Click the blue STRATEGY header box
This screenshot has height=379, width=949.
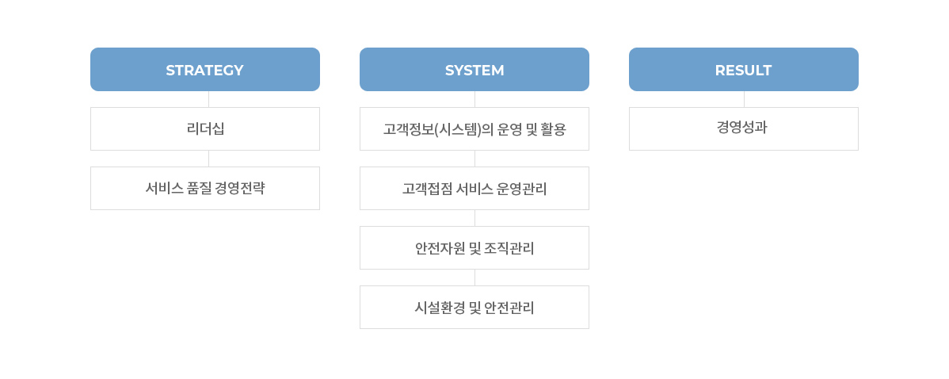pyautogui.click(x=205, y=70)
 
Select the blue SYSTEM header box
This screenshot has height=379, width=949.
pyautogui.click(x=475, y=70)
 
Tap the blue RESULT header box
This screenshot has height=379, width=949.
pyautogui.click(x=744, y=70)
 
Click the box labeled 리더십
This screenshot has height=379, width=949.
pyautogui.click(x=205, y=129)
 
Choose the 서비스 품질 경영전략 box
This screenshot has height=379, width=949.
pyautogui.click(x=205, y=188)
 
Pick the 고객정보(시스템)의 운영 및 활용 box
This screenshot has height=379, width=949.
pyautogui.click(x=475, y=129)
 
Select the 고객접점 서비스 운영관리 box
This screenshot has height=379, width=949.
pyautogui.click(x=475, y=188)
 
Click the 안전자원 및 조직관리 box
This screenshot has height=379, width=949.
pyautogui.click(x=475, y=247)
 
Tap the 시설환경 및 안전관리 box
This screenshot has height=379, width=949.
pyautogui.click(x=475, y=307)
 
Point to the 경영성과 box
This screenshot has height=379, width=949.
pyautogui.click(x=744, y=129)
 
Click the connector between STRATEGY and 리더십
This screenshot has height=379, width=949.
pyautogui.click(x=209, y=99)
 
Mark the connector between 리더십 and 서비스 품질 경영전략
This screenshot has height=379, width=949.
pyautogui.click(x=209, y=159)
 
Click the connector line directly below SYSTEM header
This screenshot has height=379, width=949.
pyautogui.click(x=475, y=99)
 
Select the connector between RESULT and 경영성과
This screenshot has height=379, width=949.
pyautogui.click(x=744, y=99)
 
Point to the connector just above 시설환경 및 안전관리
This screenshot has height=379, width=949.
pyautogui.click(x=475, y=278)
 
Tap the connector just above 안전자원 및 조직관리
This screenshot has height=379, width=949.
pyautogui.click(x=475, y=218)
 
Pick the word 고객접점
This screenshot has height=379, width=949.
pyautogui.click(x=425, y=189)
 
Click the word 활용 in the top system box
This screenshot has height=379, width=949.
pyautogui.click(x=555, y=129)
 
